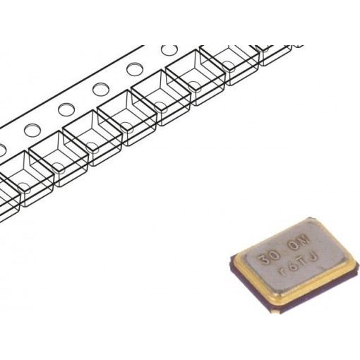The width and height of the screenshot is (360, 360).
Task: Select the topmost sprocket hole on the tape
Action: coord(169,52)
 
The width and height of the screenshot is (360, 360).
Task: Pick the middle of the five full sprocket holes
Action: coord(100,90)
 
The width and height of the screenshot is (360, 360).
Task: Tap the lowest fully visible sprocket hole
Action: coord(32,130)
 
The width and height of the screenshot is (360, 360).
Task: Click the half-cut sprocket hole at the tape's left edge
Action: coord(2,149)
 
